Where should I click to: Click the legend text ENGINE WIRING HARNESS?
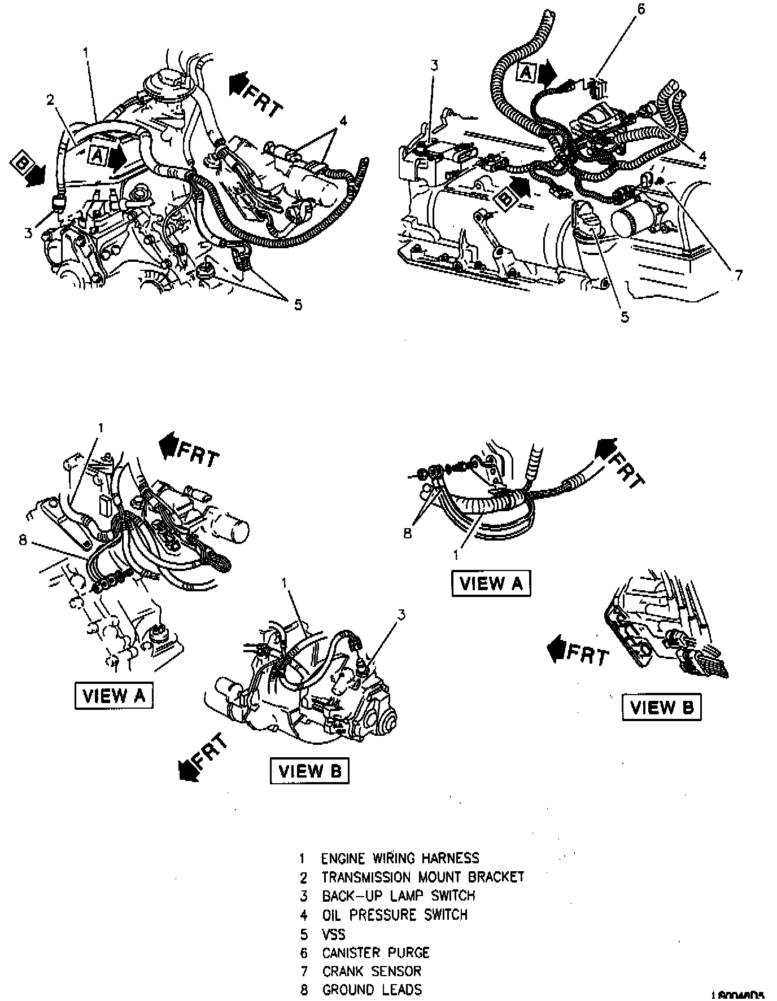[x=400, y=858]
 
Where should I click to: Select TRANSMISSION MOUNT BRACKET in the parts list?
[x=422, y=877]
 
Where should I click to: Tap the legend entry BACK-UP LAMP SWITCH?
[x=398, y=895]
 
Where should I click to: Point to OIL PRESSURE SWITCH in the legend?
[x=395, y=914]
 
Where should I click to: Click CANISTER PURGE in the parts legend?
[x=376, y=952]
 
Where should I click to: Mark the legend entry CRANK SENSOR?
[x=372, y=971]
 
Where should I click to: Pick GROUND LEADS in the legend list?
[x=372, y=990]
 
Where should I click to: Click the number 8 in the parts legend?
[x=304, y=990]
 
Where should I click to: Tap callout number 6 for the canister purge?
[x=641, y=10]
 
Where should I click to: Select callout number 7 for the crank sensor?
[x=738, y=275]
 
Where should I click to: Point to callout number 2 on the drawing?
[x=50, y=100]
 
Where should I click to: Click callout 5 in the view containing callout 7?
[x=625, y=317]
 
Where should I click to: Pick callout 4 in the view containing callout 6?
[x=702, y=156]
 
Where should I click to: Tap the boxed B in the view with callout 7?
[x=505, y=199]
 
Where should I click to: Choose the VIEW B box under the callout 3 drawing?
[x=310, y=771]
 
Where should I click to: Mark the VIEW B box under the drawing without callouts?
[x=661, y=707]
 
